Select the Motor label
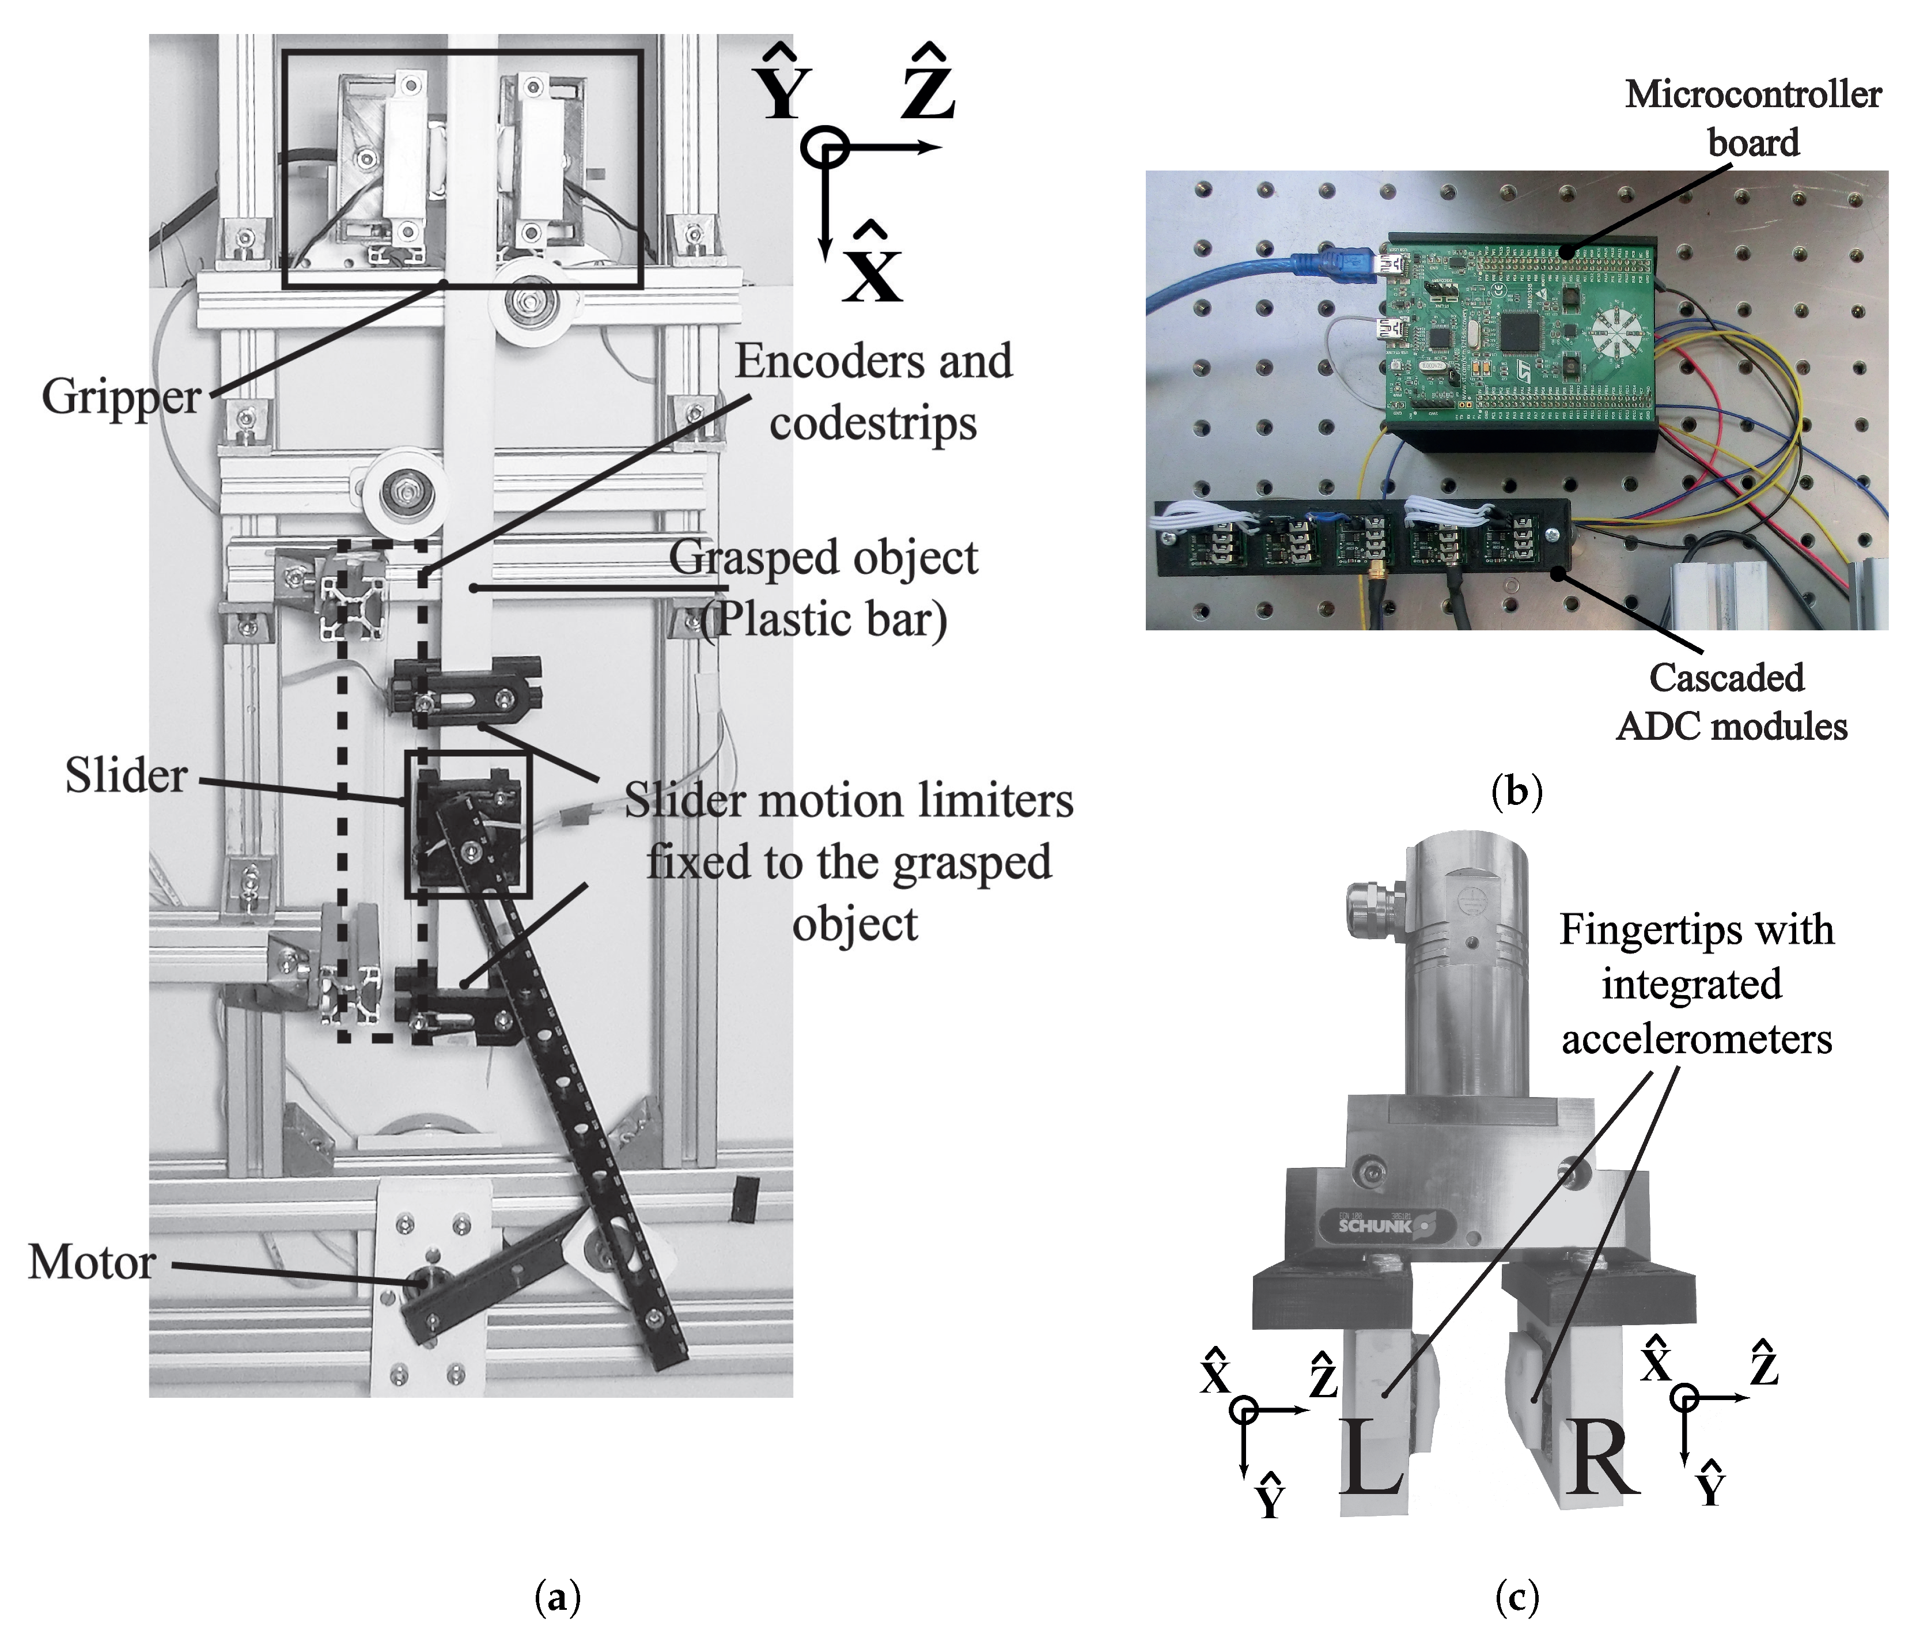click(92, 1263)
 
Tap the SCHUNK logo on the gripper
click(1375, 1226)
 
